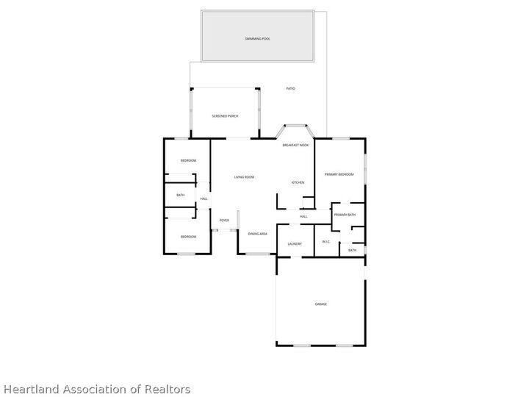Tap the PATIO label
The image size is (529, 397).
point(290,89)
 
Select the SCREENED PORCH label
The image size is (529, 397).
point(225,116)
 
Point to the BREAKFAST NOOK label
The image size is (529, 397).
point(295,146)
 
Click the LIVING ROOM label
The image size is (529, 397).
point(244,177)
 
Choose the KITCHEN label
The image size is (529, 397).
point(298,182)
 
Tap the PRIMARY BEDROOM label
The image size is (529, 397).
point(340,174)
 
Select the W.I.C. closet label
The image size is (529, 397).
point(327,241)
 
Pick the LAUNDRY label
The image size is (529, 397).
point(295,244)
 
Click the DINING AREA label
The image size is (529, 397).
point(257,234)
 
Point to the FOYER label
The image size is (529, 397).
point(224,220)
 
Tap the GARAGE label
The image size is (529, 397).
point(321,304)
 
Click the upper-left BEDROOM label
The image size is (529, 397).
point(189,160)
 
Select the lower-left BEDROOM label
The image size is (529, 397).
point(189,237)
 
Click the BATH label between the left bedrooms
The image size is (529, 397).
point(180,195)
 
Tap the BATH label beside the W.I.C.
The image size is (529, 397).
point(352,250)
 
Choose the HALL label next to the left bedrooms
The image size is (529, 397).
point(204,198)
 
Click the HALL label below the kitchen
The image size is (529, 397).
point(303,216)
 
